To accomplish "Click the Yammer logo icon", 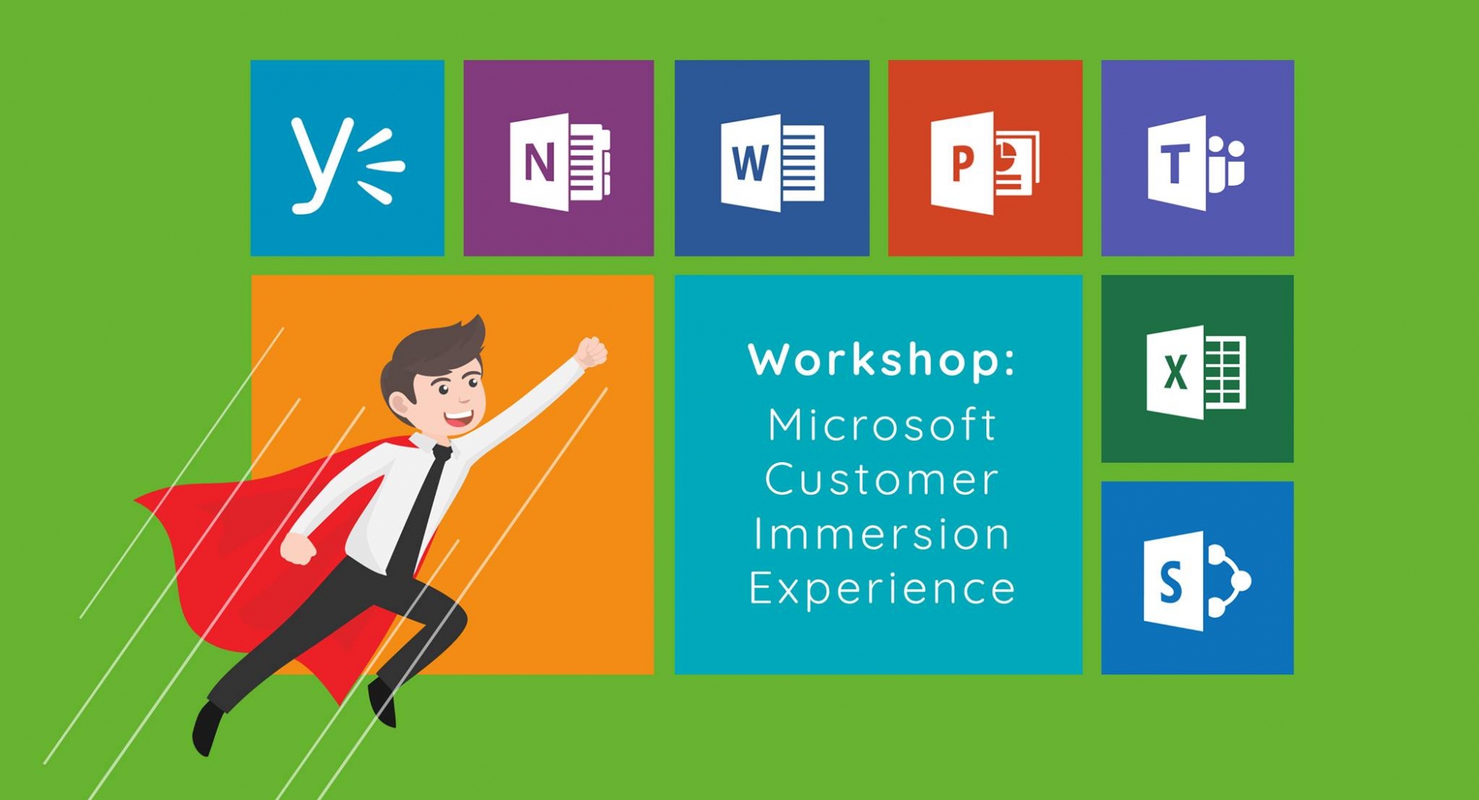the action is (346, 166).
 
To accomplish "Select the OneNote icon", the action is (560, 162).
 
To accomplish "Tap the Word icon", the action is (772, 163).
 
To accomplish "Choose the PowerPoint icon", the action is (985, 163).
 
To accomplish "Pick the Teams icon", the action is (1196, 163).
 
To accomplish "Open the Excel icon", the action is (1196, 372).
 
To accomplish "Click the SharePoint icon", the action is (1196, 580).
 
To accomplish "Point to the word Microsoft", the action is (882, 424).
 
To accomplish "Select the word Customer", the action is (882, 479).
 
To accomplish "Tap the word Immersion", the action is (882, 534).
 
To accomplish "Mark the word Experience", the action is (882, 589).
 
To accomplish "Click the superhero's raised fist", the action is (592, 352).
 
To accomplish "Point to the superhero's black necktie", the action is (419, 510).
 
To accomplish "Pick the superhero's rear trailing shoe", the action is (207, 729).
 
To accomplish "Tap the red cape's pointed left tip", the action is (136, 501).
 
